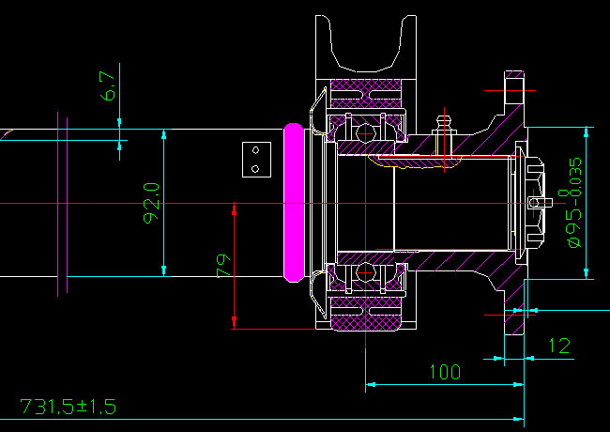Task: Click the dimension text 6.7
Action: tap(109, 86)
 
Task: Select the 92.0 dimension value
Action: tap(151, 203)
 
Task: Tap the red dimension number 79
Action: tap(222, 265)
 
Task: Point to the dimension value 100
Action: tap(444, 371)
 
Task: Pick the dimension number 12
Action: tap(558, 346)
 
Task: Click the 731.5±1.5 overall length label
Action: tap(68, 407)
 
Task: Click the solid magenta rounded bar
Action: tap(294, 203)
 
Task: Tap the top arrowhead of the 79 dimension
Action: tap(233, 210)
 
